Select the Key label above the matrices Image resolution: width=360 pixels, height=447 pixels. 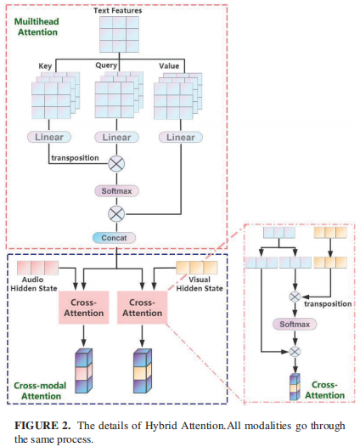pos(47,65)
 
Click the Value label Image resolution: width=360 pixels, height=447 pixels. pos(172,65)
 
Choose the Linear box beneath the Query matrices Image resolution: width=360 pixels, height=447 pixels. pos(115,137)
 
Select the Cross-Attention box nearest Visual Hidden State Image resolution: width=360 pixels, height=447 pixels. pos(143,307)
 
